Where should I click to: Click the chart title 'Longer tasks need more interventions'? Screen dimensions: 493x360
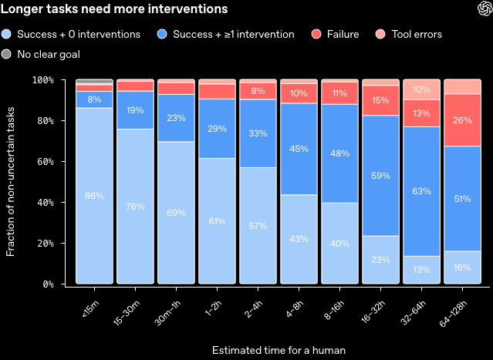pos(114,8)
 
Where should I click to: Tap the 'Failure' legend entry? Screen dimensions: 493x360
pos(335,34)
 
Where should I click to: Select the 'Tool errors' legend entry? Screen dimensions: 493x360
pos(409,34)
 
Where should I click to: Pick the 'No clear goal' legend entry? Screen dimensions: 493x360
pos(41,54)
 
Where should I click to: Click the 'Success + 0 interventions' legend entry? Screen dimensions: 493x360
pos(71,34)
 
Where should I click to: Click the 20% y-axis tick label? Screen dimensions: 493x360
pos(46,243)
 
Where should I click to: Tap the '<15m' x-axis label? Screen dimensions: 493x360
pos(90,308)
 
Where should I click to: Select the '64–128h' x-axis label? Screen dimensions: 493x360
pos(453,314)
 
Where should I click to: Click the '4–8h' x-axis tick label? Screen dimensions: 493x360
pos(294,309)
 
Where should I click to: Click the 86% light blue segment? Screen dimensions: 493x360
pos(94,196)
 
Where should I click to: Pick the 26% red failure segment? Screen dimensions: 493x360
pos(462,120)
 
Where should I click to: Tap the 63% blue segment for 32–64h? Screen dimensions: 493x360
pos(421,191)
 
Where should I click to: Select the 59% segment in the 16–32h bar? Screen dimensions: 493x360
pos(381,176)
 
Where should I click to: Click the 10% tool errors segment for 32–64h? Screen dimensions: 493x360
pos(421,89)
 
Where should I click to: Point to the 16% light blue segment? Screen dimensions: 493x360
pos(462,267)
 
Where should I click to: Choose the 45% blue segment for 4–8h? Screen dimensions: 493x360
pos(299,149)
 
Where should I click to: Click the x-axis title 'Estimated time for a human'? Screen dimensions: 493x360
pos(279,350)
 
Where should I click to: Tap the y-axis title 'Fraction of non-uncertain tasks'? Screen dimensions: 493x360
pos(10,182)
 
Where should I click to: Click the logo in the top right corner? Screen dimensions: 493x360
pos(485,8)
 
